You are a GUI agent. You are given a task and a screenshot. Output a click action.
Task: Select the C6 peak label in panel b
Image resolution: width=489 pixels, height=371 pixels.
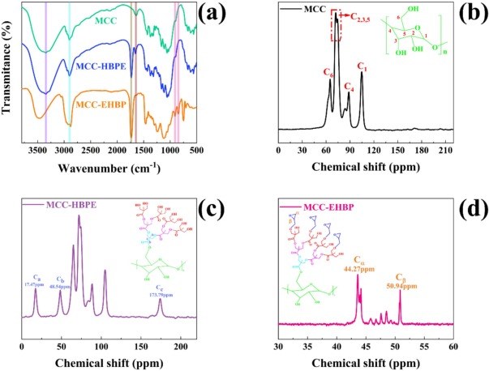point(328,73)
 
